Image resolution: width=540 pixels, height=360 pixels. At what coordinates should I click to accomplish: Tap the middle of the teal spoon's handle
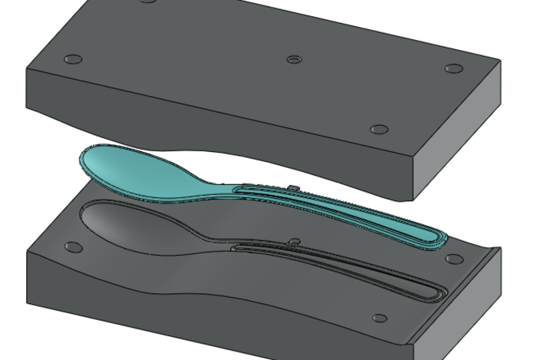coord(337,207)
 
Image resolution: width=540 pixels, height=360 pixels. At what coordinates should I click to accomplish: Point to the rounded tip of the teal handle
coord(438,238)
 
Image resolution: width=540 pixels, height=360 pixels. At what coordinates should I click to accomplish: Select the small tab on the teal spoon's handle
coord(292,187)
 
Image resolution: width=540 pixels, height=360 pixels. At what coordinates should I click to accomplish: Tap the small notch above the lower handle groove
coord(294,242)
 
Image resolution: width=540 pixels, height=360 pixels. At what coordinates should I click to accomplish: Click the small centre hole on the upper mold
coord(293,59)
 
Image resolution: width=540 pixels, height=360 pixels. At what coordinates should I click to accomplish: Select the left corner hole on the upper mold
coord(73,59)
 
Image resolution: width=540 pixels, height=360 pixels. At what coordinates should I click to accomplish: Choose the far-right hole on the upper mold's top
coord(454,68)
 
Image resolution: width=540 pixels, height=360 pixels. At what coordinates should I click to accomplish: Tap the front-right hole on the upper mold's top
coord(378,130)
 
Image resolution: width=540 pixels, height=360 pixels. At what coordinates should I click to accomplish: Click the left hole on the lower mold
coord(73,247)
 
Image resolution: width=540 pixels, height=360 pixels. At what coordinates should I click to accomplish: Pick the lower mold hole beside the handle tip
coord(454,259)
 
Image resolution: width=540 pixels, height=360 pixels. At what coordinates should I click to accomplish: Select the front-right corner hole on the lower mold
coord(379,318)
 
